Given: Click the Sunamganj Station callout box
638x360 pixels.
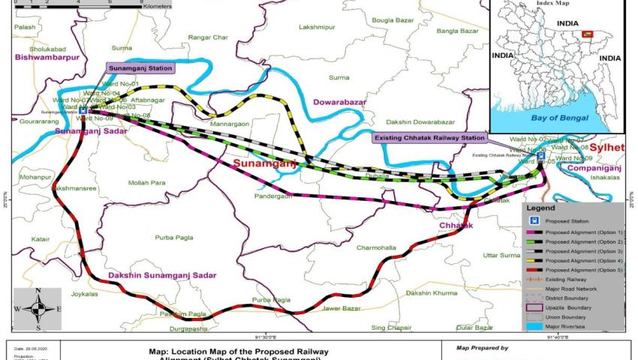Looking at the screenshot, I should [140, 68].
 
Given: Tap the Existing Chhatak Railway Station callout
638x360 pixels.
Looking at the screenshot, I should [429, 138].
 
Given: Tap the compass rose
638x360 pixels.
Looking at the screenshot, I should [38, 308].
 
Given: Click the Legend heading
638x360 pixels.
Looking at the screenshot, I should [540, 207].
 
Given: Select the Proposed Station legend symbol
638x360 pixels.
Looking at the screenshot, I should [534, 221].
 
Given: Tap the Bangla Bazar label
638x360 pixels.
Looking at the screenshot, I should [457, 31].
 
